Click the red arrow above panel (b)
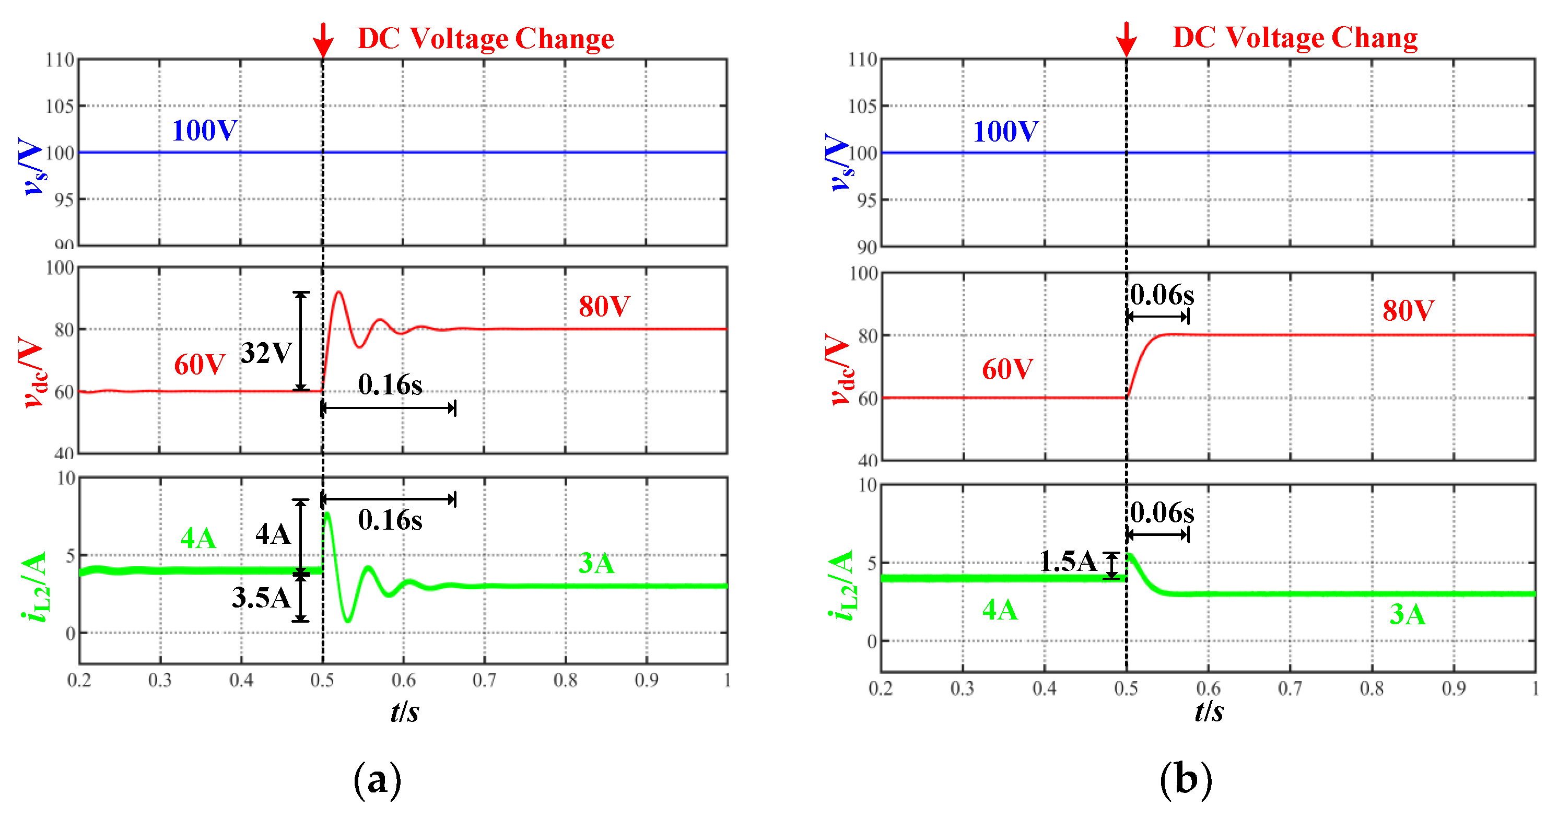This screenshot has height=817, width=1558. (x=1126, y=40)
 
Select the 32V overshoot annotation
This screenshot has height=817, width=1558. (x=267, y=353)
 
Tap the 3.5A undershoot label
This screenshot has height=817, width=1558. (x=261, y=598)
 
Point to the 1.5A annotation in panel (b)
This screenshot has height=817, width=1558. (x=1068, y=561)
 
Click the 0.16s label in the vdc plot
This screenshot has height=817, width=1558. (x=390, y=384)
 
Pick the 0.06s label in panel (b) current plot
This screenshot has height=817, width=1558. (x=1162, y=513)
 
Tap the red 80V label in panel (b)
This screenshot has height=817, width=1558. (x=1408, y=311)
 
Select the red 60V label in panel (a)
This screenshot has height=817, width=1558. (x=200, y=365)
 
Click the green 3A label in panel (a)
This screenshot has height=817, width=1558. (x=596, y=564)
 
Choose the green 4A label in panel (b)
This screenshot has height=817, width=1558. (x=1000, y=610)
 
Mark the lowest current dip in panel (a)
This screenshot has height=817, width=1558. (x=348, y=620)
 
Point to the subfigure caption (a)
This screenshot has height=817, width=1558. (x=377, y=779)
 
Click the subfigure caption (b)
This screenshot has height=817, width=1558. (x=1186, y=779)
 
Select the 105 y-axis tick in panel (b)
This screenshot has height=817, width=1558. (x=862, y=107)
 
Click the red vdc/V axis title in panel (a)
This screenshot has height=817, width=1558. (x=33, y=372)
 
